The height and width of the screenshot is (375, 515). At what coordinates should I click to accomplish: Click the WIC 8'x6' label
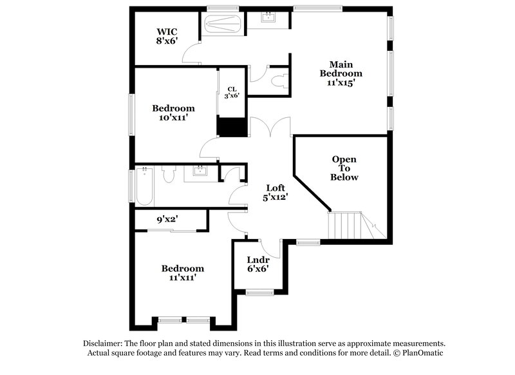tap(167, 36)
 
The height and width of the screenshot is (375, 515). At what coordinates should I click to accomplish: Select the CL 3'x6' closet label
tap(232, 92)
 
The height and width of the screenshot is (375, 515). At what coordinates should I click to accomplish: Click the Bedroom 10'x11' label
tap(173, 113)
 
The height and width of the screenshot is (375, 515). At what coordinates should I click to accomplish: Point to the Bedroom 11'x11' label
tap(183, 273)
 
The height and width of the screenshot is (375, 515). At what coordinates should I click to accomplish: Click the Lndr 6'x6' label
tap(257, 264)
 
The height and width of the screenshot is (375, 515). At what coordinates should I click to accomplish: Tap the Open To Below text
tap(344, 168)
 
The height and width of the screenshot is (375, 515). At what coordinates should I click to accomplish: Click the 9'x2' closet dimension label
tap(168, 220)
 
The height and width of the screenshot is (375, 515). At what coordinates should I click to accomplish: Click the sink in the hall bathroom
tap(200, 172)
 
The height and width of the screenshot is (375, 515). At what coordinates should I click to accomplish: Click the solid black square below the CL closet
tap(232, 126)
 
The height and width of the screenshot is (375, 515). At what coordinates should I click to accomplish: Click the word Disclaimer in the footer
tap(104, 343)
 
